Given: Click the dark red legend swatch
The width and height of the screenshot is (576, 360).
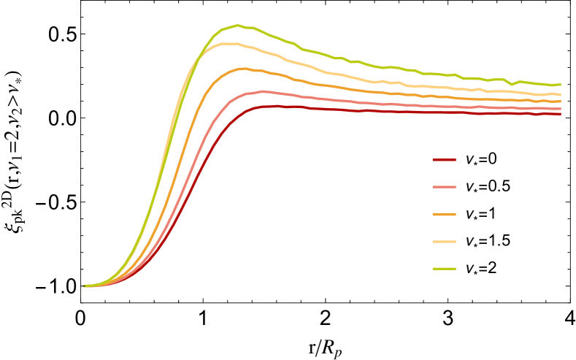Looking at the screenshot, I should [x=444, y=160].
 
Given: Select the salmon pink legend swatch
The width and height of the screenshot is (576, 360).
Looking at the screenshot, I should [x=444, y=187].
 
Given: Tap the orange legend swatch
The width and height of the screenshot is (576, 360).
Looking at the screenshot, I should [x=444, y=215].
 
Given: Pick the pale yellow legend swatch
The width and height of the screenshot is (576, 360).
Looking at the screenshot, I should [x=444, y=242].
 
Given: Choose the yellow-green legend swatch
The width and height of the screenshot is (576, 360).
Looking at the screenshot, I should [x=444, y=269].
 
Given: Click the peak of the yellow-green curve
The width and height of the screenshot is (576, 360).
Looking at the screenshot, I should [x=237, y=26].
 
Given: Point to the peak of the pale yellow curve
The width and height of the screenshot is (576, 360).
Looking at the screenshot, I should [x=231, y=43].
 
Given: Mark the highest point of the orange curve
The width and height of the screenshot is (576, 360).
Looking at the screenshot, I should [x=243, y=68].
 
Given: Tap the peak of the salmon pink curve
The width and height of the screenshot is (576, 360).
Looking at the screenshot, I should [x=263, y=91].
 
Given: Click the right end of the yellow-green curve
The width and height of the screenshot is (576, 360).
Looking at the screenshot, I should [x=561, y=84].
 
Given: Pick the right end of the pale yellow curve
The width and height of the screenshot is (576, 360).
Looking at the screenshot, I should [x=561, y=94].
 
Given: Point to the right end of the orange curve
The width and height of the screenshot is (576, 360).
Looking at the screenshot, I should [x=561, y=101].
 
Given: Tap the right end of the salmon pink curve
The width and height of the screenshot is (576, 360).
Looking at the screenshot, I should [x=561, y=109].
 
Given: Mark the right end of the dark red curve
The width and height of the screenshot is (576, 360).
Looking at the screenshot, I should [x=561, y=114].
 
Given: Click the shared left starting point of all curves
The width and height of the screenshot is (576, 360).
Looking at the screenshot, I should [x=85, y=286].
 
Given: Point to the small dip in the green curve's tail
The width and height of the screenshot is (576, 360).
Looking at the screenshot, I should [x=512, y=84].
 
